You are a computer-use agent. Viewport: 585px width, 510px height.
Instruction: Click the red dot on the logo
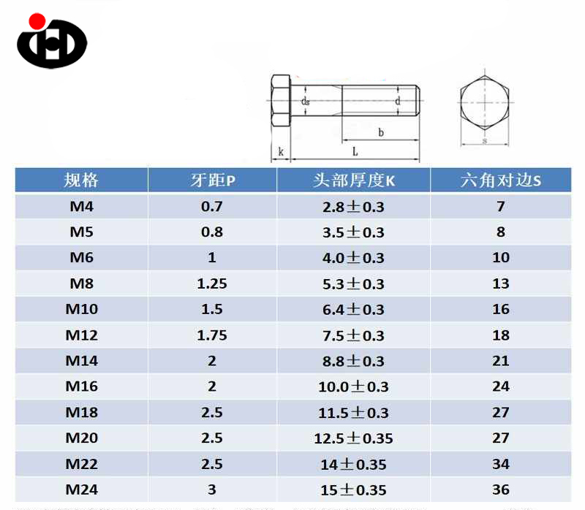tap(37, 21)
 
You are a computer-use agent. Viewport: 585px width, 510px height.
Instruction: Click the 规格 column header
tap(81, 180)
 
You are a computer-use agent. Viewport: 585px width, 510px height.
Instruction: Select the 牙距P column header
tap(212, 180)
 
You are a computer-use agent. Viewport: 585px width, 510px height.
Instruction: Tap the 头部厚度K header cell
tap(354, 180)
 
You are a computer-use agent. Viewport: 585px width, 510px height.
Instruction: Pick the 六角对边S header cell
tap(500, 180)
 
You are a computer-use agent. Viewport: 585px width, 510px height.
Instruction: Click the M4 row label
tap(81, 207)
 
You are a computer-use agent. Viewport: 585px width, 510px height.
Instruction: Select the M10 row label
tap(81, 309)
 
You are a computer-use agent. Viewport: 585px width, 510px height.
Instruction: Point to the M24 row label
tap(81, 490)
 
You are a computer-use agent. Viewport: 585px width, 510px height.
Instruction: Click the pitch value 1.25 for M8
tap(212, 283)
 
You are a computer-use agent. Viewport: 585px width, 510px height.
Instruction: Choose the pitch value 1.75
tap(212, 335)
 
